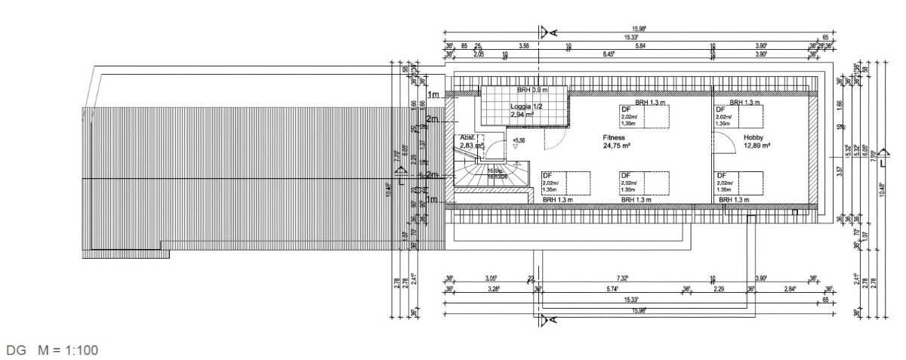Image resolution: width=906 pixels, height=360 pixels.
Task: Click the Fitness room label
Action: [x=613, y=138]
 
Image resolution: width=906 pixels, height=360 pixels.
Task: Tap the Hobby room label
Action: [x=753, y=137]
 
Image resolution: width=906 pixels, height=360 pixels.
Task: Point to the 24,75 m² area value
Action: [x=617, y=146]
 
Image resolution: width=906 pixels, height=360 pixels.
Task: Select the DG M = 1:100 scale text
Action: [x=52, y=350]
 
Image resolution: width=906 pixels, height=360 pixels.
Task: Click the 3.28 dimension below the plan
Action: [x=494, y=289]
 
